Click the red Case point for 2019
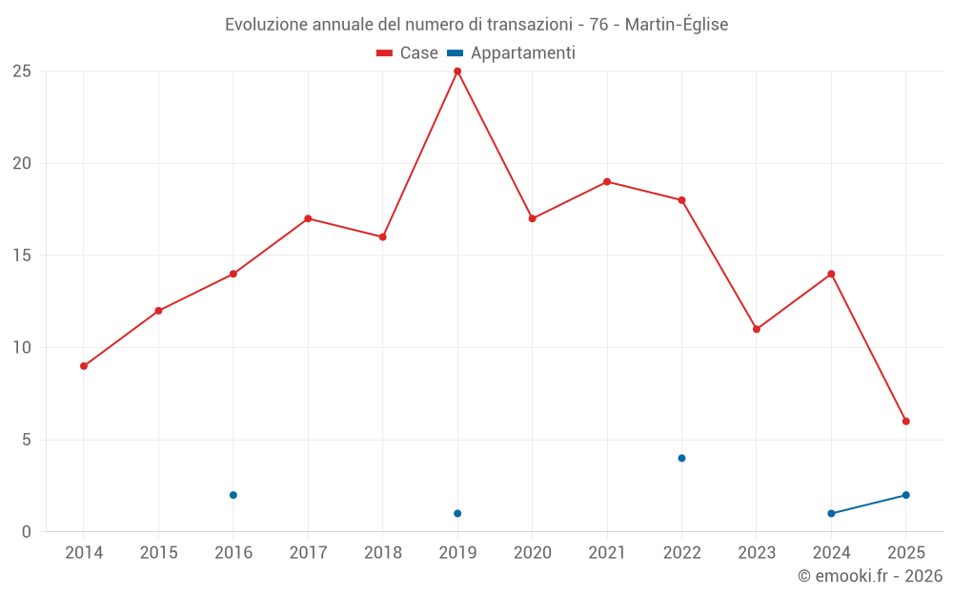pos(457,71)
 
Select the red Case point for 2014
pos(84,366)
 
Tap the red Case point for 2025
pos(906,421)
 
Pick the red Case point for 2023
pos(757,329)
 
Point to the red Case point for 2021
pos(607,181)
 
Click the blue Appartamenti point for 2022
pos(681,459)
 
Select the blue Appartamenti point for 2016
pos(233,495)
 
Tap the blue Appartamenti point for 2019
pos(457,514)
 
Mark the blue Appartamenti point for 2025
pos(906,495)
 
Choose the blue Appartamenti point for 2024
pos(831,514)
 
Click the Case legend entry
pos(408,53)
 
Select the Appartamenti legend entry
pos(512,53)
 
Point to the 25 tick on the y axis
pos(22,72)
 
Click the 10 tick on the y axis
pos(22,348)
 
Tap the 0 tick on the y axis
pos(27,532)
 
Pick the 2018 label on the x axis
pos(383,553)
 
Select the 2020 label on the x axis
pos(533,553)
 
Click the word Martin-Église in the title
pos(677,25)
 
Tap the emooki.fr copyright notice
pos(869,576)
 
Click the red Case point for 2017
pos(308,218)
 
